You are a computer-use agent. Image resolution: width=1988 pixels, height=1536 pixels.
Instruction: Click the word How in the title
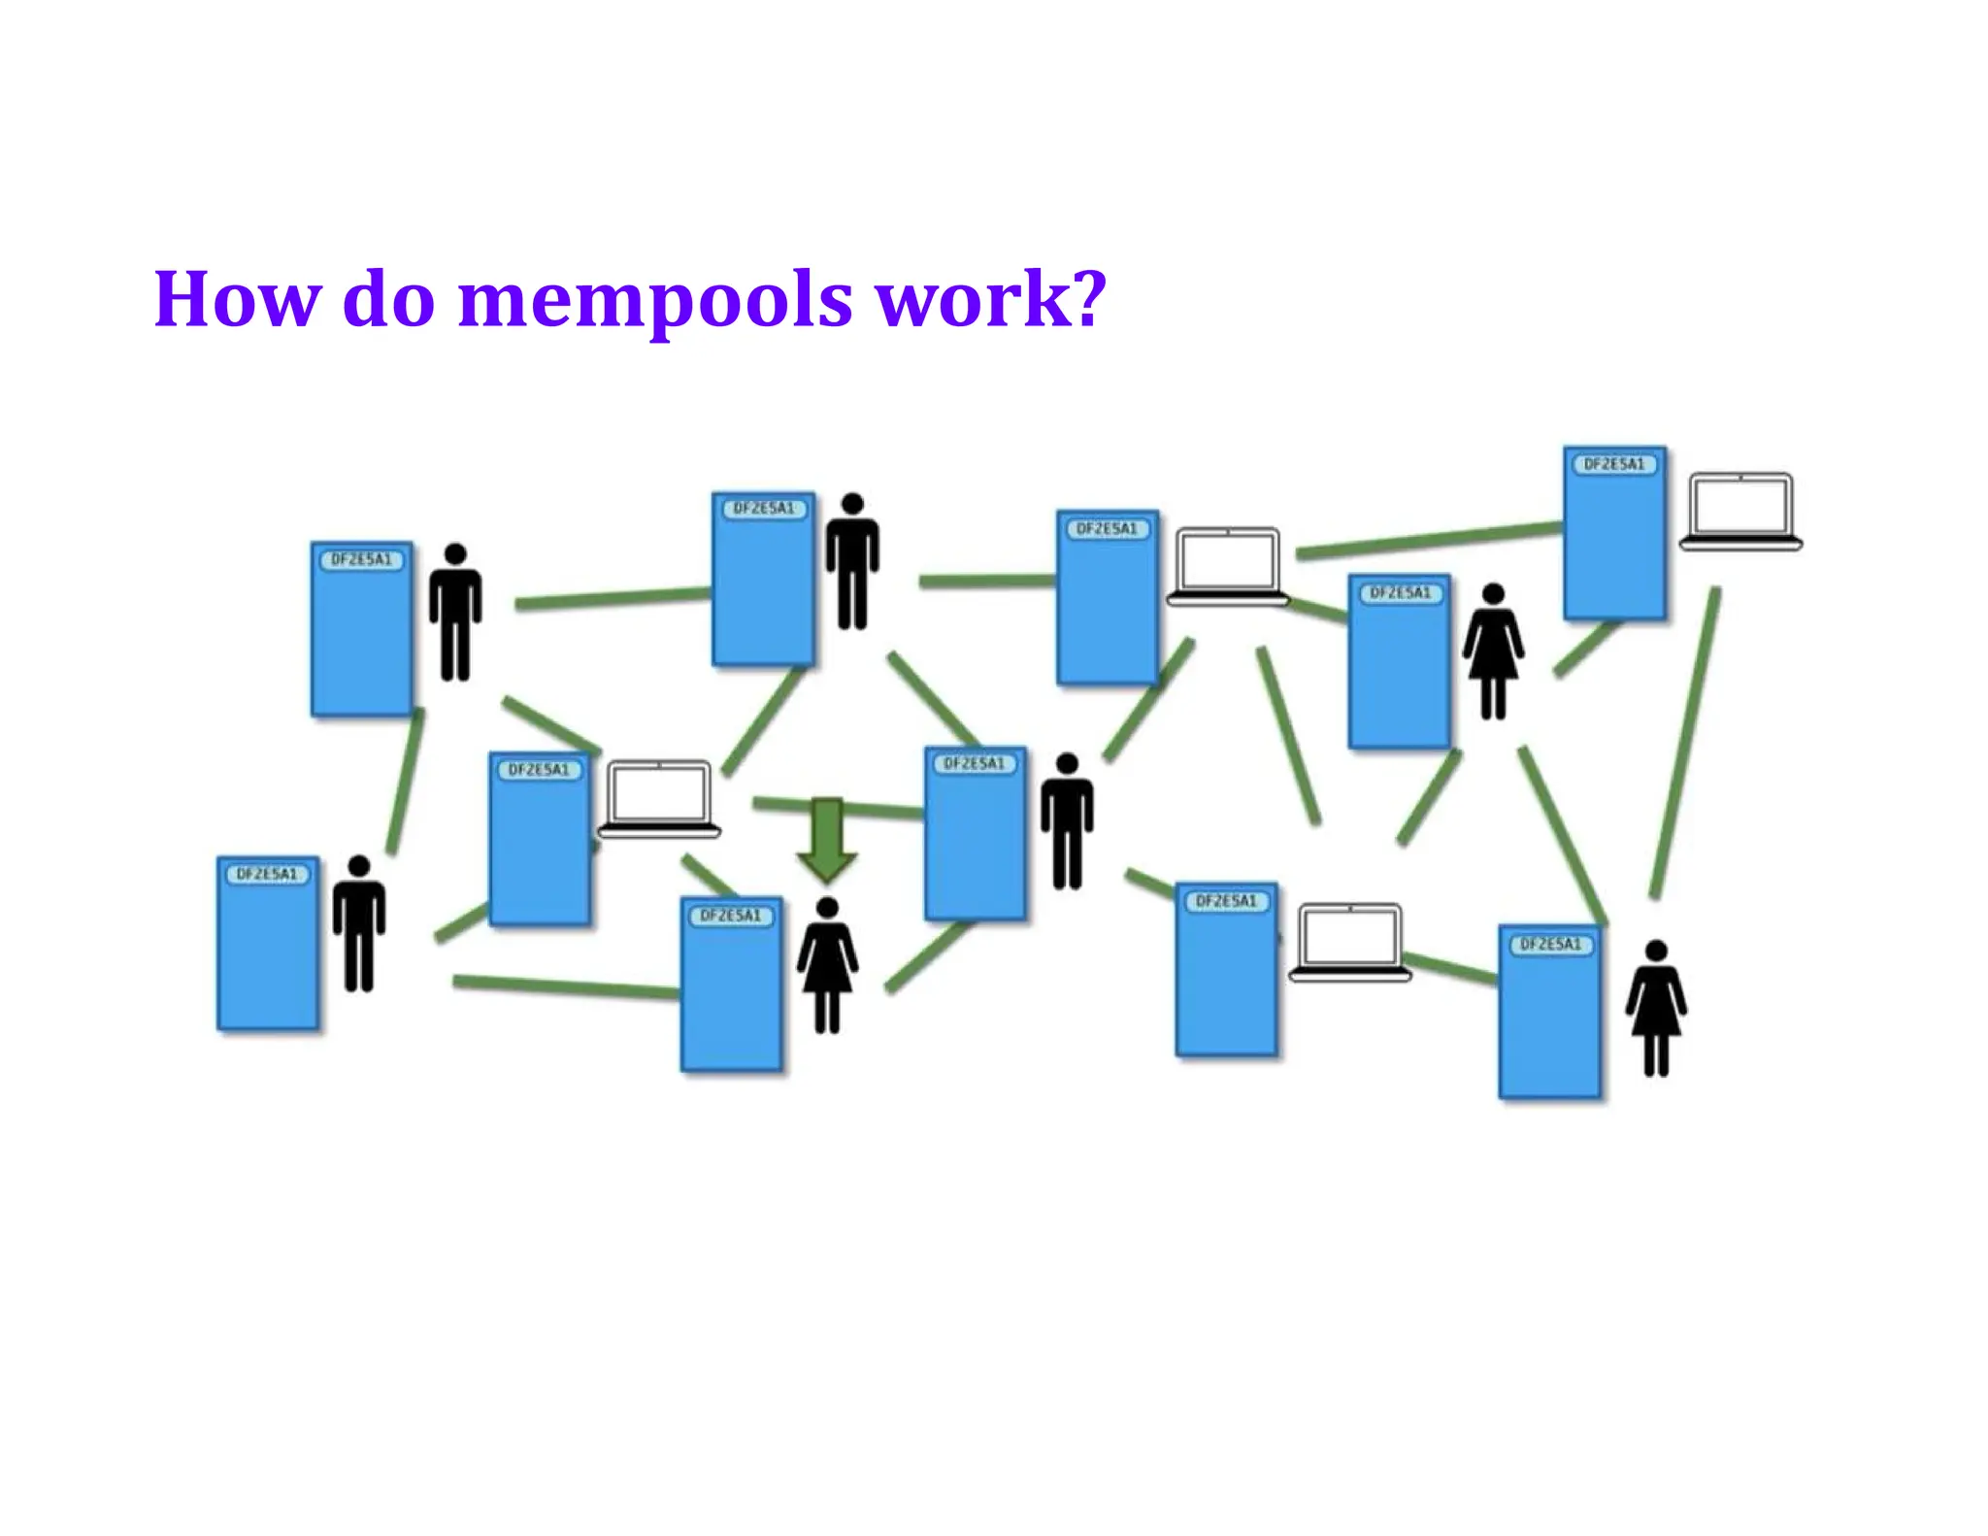tap(236, 299)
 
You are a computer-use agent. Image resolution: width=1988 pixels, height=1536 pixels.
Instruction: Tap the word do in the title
tap(388, 299)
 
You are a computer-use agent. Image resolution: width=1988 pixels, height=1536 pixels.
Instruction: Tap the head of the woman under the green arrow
tap(827, 908)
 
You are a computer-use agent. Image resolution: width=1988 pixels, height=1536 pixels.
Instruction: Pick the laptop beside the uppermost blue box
tap(1740, 511)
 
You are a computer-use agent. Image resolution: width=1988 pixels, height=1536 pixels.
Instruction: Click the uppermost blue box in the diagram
tap(1614, 533)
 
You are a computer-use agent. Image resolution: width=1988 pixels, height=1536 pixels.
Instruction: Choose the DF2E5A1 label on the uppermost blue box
tap(1614, 464)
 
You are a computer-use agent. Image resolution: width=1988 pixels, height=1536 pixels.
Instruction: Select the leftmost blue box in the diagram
tap(267, 943)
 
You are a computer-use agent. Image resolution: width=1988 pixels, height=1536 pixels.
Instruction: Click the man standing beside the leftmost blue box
tap(359, 923)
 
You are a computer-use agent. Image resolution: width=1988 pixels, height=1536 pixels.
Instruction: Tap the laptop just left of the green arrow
tap(659, 798)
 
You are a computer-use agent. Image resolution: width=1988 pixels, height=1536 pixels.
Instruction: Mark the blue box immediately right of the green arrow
tap(975, 834)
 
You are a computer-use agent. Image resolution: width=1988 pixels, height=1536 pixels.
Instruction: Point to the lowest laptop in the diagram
tap(1349, 943)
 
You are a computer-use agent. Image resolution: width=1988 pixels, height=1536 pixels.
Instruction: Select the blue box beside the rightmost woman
tap(1549, 1012)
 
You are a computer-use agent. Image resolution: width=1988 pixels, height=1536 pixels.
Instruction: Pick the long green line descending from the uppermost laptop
tap(1685, 743)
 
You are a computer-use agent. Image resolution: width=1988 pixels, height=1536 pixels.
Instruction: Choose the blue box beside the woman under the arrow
tap(731, 985)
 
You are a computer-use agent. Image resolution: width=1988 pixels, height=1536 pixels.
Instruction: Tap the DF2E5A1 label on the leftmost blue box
tap(267, 874)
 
